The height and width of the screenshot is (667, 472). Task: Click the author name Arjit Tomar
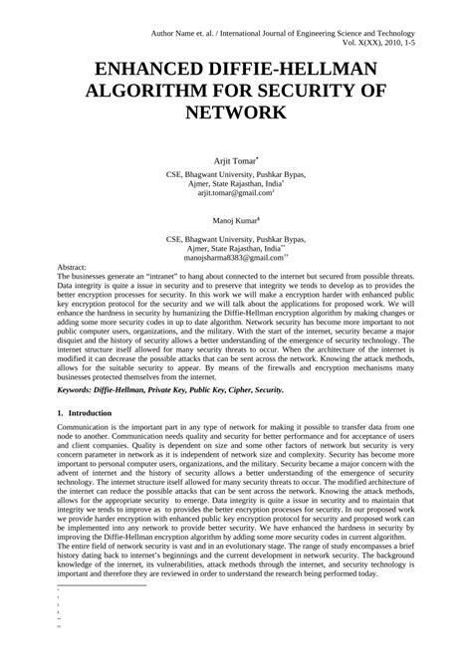(235, 159)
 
